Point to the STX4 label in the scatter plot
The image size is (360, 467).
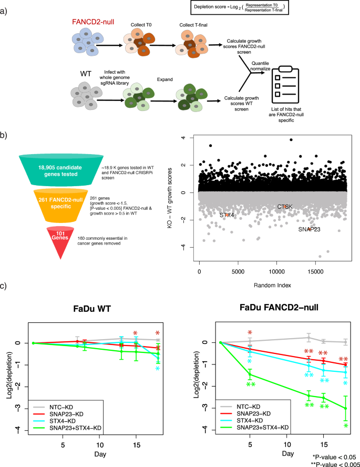point(227,215)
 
